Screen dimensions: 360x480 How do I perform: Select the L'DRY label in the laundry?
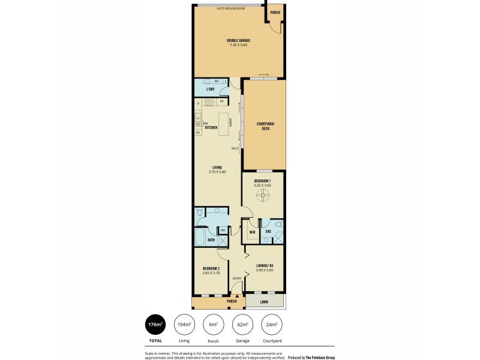pyautogui.click(x=210, y=89)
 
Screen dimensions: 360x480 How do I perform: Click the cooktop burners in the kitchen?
pyautogui.click(x=211, y=103)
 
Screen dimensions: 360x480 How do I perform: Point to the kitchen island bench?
pyautogui.click(x=224, y=124)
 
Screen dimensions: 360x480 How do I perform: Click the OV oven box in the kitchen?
pyautogui.click(x=197, y=133)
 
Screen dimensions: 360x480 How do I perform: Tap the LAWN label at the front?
pyautogui.click(x=264, y=302)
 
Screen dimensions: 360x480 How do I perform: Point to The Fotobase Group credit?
pyautogui.click(x=311, y=357)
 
